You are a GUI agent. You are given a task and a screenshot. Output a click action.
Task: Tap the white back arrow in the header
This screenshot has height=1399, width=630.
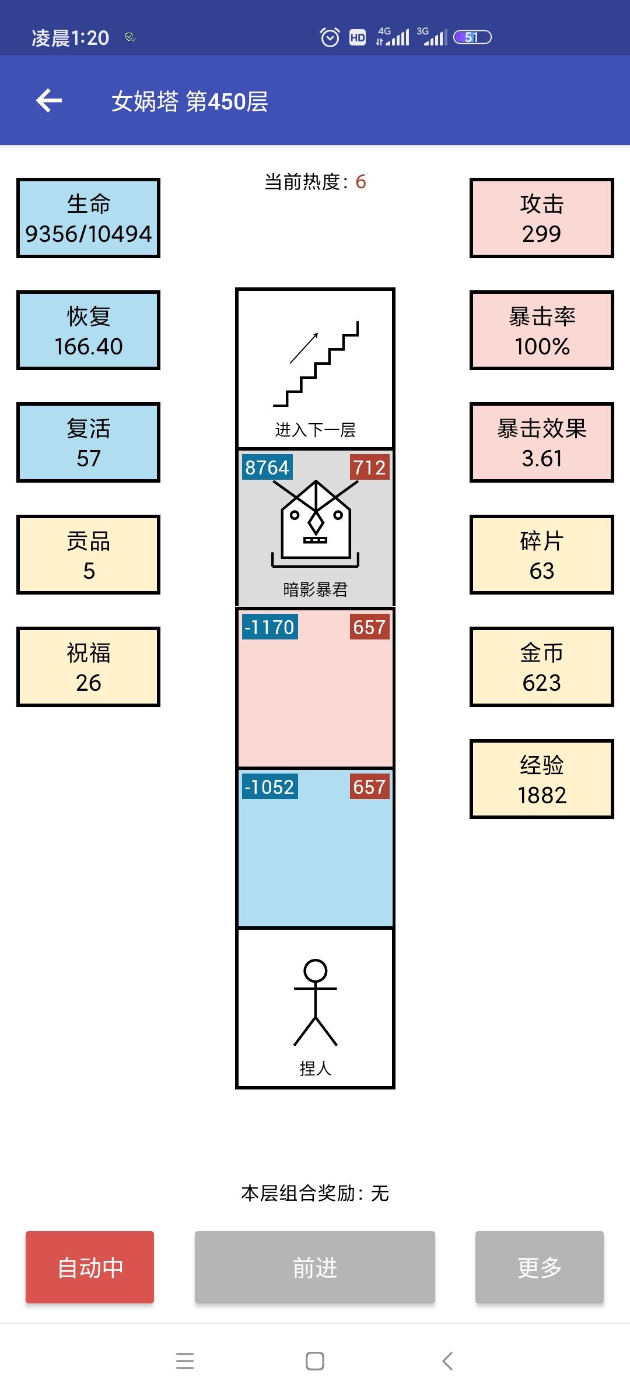(49, 101)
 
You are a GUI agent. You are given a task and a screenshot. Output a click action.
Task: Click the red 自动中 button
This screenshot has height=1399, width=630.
(90, 1267)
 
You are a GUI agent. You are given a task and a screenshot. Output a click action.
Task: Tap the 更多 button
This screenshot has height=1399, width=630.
(540, 1267)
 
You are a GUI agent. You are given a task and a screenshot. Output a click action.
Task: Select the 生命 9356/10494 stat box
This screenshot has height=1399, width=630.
(88, 218)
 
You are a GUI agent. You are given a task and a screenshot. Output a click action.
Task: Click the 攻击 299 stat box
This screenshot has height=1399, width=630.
(542, 218)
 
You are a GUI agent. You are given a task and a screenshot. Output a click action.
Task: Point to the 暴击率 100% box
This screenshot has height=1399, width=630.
(542, 330)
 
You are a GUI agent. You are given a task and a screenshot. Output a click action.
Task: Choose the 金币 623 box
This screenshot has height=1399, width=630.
(542, 667)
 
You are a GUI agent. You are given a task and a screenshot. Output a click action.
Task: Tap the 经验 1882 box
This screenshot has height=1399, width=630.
(542, 779)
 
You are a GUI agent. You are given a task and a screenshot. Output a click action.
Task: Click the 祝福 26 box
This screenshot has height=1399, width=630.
(88, 667)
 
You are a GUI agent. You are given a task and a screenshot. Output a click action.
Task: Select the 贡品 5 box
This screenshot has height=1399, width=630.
(88, 554)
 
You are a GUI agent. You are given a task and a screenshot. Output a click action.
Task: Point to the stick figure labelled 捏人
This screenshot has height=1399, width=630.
(316, 1003)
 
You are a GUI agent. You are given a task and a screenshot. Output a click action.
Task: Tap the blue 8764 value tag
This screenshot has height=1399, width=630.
(267, 467)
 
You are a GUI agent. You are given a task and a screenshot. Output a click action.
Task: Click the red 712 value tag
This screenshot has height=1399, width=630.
(369, 467)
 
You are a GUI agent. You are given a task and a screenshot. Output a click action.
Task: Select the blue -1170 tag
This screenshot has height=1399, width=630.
(269, 627)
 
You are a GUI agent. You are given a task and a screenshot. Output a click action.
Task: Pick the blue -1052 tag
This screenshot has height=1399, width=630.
(269, 787)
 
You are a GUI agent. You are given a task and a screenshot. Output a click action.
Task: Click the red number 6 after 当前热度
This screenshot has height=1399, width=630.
(360, 182)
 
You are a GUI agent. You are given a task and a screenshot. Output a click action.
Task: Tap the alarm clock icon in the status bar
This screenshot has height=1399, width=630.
(330, 37)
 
